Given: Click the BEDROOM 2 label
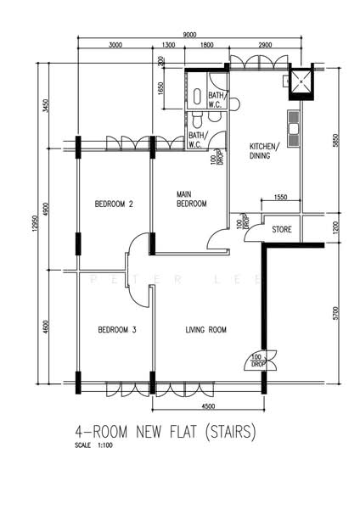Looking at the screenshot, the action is pyautogui.click(x=114, y=204).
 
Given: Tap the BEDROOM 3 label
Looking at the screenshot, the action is pyautogui.click(x=117, y=330).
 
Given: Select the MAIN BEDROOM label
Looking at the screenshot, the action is pyautogui.click(x=191, y=199).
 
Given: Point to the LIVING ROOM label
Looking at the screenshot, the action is pyautogui.click(x=206, y=330).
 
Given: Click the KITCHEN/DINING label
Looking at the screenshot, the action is pyautogui.click(x=264, y=151).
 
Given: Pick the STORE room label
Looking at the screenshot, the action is pyautogui.click(x=282, y=230).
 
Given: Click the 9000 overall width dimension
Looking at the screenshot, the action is pyautogui.click(x=189, y=35).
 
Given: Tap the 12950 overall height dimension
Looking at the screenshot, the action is pyautogui.click(x=36, y=222).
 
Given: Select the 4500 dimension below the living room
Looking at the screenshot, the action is pyautogui.click(x=208, y=406).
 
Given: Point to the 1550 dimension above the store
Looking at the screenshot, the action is pyautogui.click(x=281, y=197).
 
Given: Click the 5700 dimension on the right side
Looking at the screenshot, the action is pyautogui.click(x=336, y=313).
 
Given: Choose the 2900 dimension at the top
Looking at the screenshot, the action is pyautogui.click(x=265, y=45).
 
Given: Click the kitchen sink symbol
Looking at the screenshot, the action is pyautogui.click(x=294, y=127).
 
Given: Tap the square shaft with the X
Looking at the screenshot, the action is pyautogui.click(x=301, y=81).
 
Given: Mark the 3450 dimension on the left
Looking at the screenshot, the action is pyautogui.click(x=46, y=106).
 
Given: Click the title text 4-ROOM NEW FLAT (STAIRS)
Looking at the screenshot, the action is pyautogui.click(x=166, y=432).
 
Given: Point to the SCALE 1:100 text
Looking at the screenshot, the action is pyautogui.click(x=93, y=445).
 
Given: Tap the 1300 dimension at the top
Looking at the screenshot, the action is pyautogui.click(x=168, y=45).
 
